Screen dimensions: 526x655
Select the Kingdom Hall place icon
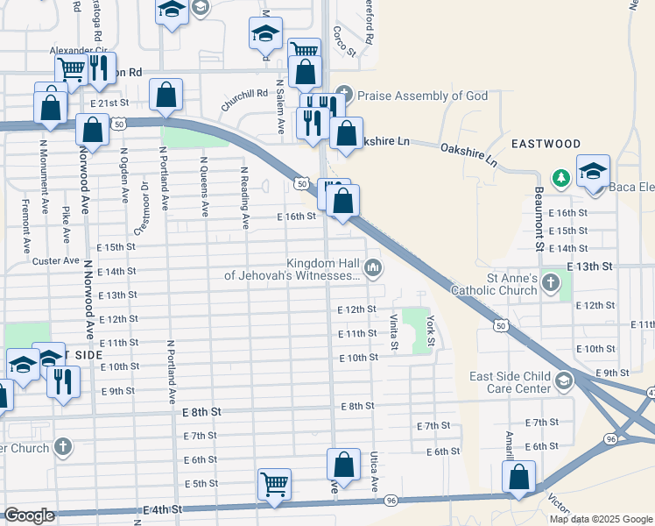coord(374,267)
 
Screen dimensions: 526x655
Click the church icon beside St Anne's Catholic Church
coord(550,282)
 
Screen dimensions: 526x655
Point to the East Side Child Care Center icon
coord(563,380)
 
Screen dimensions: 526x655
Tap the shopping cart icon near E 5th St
coord(274,483)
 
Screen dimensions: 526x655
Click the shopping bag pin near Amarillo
coord(519,478)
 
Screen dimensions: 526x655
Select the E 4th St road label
coord(165,509)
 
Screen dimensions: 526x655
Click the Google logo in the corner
coord(29,515)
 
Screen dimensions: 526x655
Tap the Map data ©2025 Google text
coord(601,519)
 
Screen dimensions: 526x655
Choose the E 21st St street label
coord(109,103)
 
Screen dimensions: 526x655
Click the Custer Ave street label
coord(55,260)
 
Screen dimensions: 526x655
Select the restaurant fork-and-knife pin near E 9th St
coord(62,382)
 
